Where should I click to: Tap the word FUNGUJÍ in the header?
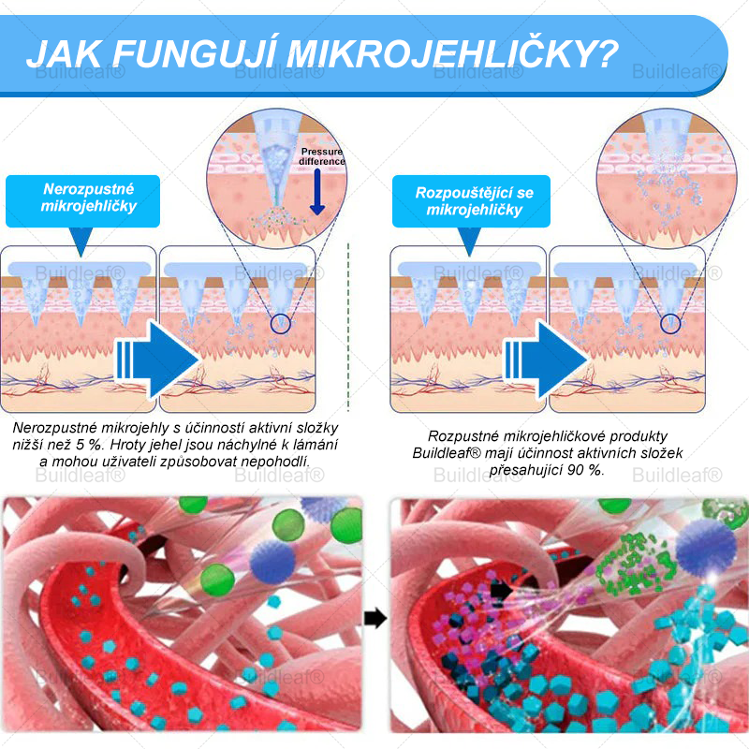(194, 53)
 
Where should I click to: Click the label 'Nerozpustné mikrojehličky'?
(89, 198)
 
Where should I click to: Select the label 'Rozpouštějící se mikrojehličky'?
(475, 201)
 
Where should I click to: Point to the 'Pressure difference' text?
(321, 156)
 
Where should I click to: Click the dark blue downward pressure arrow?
(317, 192)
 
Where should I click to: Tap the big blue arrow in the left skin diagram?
(157, 360)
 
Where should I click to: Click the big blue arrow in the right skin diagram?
(546, 360)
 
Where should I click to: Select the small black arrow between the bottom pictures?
(375, 618)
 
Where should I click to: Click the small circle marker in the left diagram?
(280, 324)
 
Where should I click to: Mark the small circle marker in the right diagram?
(670, 324)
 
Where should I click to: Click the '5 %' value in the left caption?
(89, 445)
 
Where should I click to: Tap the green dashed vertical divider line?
(348, 327)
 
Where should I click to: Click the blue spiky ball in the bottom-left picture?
(272, 563)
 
